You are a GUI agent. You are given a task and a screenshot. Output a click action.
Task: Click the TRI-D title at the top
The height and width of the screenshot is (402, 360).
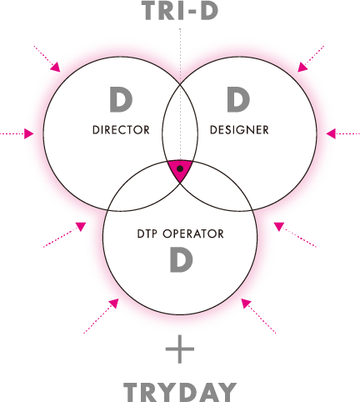coord(180,11)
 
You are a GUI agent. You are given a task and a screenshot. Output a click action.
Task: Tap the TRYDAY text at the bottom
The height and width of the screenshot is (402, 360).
coord(180,392)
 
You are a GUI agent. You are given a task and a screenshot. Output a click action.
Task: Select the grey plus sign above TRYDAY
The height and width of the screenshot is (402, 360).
coord(180,349)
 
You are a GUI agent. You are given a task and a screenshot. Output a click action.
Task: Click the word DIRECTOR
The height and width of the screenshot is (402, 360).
coord(121,130)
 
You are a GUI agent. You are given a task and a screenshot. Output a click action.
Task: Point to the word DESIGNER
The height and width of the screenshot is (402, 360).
coord(239,130)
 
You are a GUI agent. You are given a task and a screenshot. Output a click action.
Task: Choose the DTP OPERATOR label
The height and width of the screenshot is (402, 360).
coord(180,234)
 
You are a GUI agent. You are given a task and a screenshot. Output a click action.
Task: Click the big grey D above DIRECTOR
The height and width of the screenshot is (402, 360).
coord(121,99)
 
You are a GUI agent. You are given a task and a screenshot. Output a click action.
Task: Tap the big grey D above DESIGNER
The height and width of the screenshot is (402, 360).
coord(238,99)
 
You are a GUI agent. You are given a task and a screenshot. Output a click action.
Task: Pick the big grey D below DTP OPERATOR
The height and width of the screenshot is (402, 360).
coord(181,259)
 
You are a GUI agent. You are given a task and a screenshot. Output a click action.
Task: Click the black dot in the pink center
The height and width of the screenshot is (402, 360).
coord(180,168)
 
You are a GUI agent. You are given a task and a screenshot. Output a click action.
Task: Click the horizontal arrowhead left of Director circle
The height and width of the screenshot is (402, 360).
coord(28,133)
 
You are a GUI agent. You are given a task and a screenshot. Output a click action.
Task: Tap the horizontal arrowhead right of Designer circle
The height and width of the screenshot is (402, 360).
coord(331,133)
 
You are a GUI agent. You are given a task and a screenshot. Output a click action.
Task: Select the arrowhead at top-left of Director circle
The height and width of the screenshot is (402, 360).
coord(56,68)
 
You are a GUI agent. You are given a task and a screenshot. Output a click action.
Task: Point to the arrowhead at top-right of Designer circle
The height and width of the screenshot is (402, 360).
coord(302,68)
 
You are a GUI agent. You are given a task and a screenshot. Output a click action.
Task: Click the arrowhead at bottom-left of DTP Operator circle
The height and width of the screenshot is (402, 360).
coord(114,304)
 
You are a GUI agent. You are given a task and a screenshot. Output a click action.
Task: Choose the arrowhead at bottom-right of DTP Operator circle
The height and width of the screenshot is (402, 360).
coord(246,304)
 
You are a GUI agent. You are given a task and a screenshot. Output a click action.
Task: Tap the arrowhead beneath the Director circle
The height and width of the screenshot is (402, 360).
coord(82,226)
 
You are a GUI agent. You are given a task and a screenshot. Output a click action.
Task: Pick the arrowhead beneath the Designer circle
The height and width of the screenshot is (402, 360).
coord(278,226)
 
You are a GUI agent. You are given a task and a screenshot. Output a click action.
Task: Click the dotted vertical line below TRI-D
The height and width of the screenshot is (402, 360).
coord(180,94)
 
